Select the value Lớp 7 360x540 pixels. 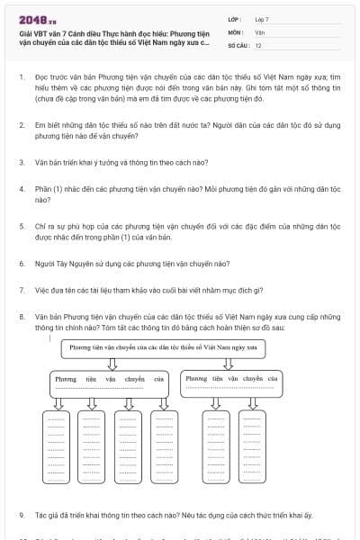click(x=262, y=18)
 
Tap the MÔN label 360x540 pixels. click(x=235, y=31)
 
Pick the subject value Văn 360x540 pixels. click(x=259, y=31)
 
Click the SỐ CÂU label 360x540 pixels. click(x=238, y=44)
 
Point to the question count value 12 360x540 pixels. click(x=258, y=44)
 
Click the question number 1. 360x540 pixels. click(x=21, y=79)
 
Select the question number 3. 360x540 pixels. click(x=21, y=163)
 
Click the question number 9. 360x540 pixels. click(x=21, y=515)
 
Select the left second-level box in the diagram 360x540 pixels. click(x=109, y=383)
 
